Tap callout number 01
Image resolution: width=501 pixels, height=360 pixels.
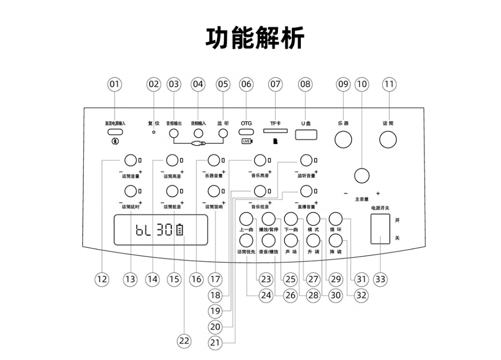tap(115, 84)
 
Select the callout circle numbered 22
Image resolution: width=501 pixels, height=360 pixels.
tap(184, 341)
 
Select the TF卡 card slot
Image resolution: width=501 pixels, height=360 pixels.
tap(275, 132)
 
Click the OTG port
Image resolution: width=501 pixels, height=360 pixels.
tap(247, 133)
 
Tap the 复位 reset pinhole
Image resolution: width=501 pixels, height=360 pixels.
tap(154, 132)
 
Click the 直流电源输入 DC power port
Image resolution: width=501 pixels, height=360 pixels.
tap(115, 132)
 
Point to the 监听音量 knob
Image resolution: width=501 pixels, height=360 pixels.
tap(305, 160)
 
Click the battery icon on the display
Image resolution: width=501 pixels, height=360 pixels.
tap(179, 230)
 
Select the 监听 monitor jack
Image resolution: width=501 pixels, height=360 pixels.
tap(223, 133)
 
